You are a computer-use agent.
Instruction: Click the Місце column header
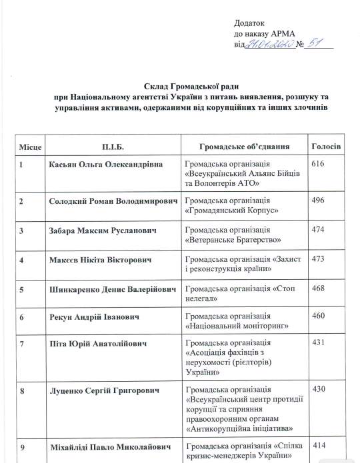tap(30, 146)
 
